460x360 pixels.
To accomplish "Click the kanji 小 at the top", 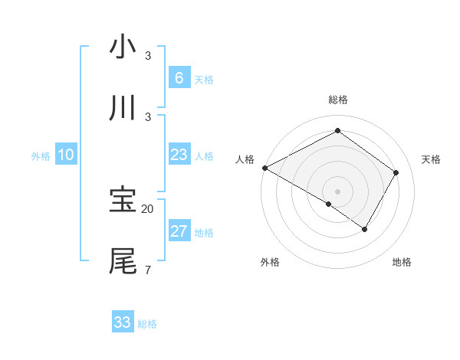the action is (x=123, y=47).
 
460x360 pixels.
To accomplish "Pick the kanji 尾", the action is (x=123, y=260).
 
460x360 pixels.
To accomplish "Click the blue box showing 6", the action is (x=179, y=78).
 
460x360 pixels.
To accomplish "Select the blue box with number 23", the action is (x=179, y=155).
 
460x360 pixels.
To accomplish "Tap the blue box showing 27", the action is (x=179, y=232).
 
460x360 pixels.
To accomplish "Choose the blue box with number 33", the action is (x=123, y=322).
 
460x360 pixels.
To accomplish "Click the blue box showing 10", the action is (x=66, y=155).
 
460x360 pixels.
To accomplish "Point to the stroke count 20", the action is (x=148, y=208).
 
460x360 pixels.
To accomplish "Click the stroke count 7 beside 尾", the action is (x=147, y=270).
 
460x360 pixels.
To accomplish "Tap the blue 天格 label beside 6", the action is (x=204, y=80).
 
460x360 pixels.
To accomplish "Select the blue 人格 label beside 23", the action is (x=204, y=156).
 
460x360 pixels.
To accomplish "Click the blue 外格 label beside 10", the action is (x=41, y=156).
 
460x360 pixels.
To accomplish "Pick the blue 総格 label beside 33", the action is (x=147, y=324).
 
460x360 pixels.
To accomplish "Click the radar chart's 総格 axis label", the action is (x=338, y=100).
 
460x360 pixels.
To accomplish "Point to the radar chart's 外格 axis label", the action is (x=270, y=262).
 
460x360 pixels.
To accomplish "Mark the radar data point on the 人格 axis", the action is (x=264, y=168).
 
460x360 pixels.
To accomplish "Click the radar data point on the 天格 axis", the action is (x=396, y=172).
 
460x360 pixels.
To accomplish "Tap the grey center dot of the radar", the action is (x=337, y=191).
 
